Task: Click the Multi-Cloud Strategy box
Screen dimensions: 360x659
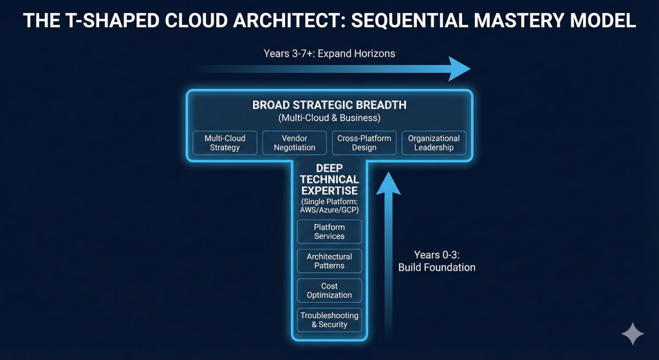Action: [x=225, y=143]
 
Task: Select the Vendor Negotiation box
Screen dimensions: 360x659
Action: [x=295, y=143]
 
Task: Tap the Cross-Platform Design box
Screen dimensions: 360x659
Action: [x=364, y=143]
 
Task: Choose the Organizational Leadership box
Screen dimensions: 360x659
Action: [x=434, y=143]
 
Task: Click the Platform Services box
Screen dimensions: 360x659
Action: [x=329, y=232]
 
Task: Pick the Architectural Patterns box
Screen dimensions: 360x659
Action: [x=329, y=261]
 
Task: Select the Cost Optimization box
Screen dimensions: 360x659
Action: [x=329, y=290]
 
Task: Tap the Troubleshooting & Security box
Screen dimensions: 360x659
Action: [x=329, y=320]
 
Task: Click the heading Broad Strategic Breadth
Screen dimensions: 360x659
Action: [x=329, y=105]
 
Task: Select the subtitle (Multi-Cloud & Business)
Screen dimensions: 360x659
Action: [x=329, y=118]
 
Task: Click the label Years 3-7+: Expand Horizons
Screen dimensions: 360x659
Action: [x=329, y=53]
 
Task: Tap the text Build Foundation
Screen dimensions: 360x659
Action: [x=436, y=267]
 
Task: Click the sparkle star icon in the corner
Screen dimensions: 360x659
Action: [x=632, y=335]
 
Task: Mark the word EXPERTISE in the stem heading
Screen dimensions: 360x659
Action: [x=329, y=191]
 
